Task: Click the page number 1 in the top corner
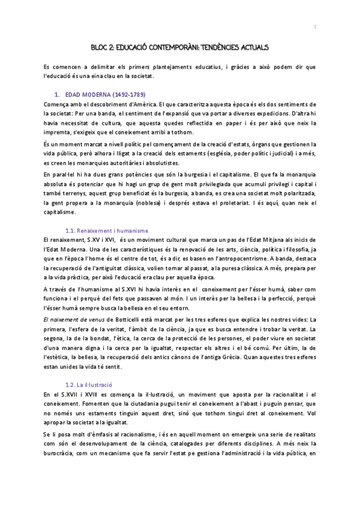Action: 315,27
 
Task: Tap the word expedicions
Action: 296,115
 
